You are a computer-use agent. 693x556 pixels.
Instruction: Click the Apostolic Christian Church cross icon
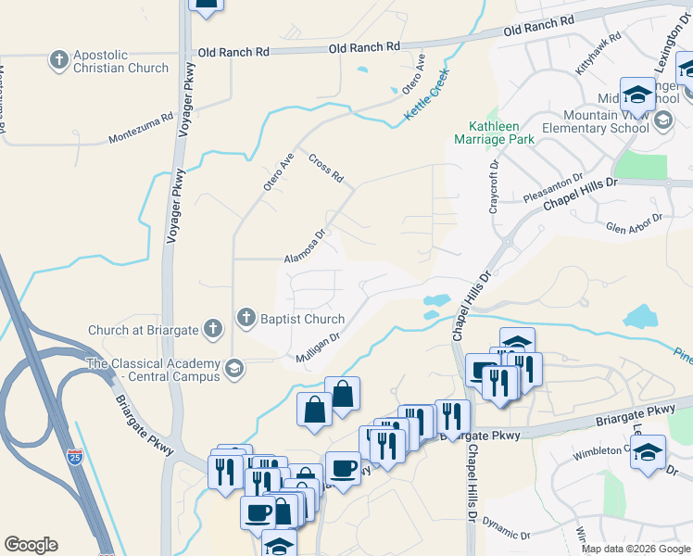click(x=60, y=60)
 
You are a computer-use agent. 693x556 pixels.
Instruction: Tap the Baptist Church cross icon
click(x=246, y=319)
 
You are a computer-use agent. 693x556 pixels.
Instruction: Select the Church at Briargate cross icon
click(x=212, y=329)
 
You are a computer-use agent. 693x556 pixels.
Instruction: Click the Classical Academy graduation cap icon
click(x=234, y=370)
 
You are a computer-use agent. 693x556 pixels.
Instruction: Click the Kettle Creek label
click(x=427, y=94)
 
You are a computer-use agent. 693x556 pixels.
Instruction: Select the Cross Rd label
click(x=326, y=167)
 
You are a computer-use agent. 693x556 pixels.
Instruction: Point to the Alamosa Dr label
click(x=306, y=246)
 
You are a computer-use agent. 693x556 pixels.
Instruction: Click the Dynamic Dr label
click(x=506, y=531)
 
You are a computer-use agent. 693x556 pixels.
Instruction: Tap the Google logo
click(x=31, y=545)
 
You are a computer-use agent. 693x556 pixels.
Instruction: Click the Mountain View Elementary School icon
click(x=663, y=120)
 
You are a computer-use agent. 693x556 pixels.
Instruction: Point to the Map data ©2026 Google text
click(x=636, y=549)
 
